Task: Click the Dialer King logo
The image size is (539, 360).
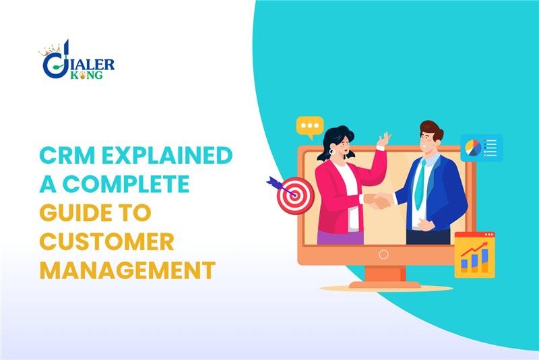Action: point(77,62)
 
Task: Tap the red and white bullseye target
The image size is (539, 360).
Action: point(295,196)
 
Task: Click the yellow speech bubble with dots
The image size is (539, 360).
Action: point(310,127)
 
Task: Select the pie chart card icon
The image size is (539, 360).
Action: point(481,147)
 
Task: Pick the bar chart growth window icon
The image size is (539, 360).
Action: point(474,254)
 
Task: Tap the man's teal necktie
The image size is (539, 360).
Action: point(419,183)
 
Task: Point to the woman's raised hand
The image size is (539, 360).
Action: point(383,139)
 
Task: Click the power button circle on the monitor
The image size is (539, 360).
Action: point(383,254)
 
